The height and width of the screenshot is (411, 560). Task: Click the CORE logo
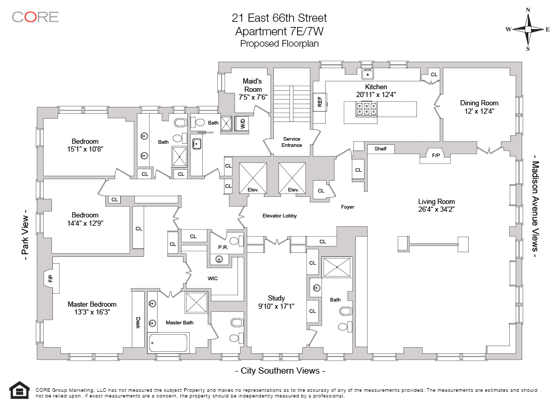pos(35,17)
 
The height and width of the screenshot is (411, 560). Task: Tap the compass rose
pos(528,29)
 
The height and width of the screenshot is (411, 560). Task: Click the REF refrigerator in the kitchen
pos(319,102)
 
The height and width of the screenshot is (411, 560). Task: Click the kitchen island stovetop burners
pos(367,108)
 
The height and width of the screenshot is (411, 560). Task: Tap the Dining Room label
pos(479,103)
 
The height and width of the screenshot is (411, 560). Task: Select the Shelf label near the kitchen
pos(380,149)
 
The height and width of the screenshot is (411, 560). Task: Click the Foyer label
pos(347,207)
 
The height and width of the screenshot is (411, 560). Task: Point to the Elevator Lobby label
pos(279,215)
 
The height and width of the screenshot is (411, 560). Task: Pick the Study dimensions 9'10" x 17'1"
pos(276,306)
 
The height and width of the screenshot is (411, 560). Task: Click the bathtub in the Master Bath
pos(168,342)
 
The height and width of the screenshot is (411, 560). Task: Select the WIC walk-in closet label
pos(213,279)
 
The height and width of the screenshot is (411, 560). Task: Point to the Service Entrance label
pos(292,142)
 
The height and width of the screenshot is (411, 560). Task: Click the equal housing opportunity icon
pos(20,391)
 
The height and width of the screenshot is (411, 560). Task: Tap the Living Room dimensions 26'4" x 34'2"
pos(437,210)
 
